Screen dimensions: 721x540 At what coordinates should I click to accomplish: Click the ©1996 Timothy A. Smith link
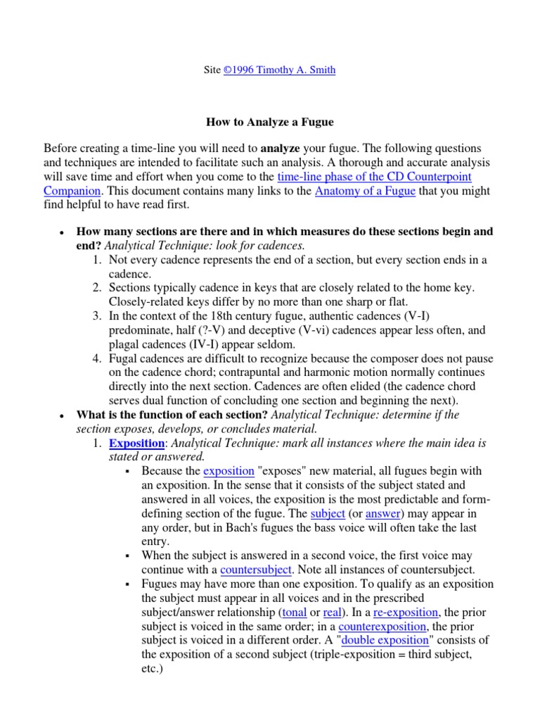point(279,71)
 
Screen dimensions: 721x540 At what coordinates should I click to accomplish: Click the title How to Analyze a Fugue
point(269,122)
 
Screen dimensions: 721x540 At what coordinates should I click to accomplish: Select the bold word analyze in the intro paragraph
point(280,149)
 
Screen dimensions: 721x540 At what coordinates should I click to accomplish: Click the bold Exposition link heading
point(136,444)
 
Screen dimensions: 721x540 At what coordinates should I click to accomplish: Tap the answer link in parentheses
point(382,513)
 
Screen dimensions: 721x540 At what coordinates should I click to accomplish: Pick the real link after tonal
point(332,613)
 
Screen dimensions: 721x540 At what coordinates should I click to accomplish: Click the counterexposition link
point(382,626)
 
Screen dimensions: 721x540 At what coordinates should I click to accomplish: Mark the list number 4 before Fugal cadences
point(98,358)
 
